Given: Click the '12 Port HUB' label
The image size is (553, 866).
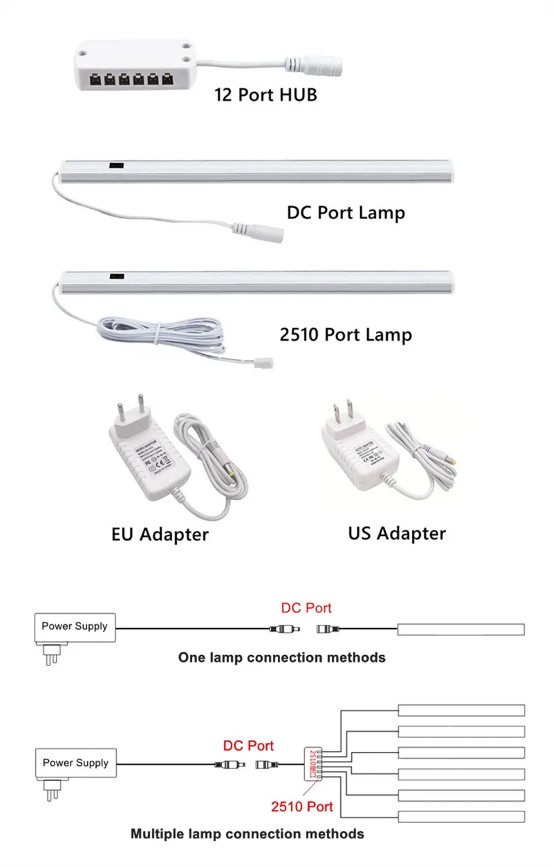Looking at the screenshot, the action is (x=265, y=94).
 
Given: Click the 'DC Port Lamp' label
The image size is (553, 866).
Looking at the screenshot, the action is (x=346, y=212).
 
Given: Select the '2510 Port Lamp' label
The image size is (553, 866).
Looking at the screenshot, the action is (x=346, y=335).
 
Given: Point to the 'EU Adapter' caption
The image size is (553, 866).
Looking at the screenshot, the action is (x=160, y=534).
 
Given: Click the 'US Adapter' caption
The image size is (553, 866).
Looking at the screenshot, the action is (x=397, y=533).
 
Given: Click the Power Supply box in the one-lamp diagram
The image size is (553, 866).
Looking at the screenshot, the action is (x=75, y=626).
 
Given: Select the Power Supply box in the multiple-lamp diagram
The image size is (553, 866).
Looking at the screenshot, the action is (x=75, y=763).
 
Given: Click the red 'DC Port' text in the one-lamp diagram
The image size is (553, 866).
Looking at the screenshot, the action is (x=306, y=608).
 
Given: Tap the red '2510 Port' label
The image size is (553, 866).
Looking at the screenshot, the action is (x=302, y=807).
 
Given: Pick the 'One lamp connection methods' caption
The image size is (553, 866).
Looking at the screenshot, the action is (x=281, y=657).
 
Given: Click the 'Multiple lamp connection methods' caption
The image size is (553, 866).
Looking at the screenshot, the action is (x=247, y=834).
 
